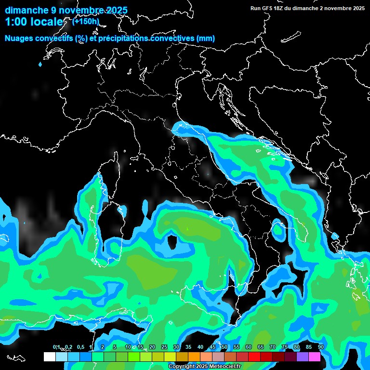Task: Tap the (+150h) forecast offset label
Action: (x=86, y=21)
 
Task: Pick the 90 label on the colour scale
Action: (x=321, y=347)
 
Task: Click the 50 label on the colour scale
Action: (x=225, y=347)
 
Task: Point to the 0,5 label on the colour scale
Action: (x=80, y=347)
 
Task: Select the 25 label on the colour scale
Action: (x=164, y=347)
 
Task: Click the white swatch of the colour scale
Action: (x=50, y=357)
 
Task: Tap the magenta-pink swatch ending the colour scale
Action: (x=315, y=357)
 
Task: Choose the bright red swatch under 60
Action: (x=254, y=357)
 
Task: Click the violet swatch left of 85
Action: (x=303, y=357)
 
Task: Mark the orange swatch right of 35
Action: (x=194, y=357)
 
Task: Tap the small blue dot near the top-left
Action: (x=40, y=64)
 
